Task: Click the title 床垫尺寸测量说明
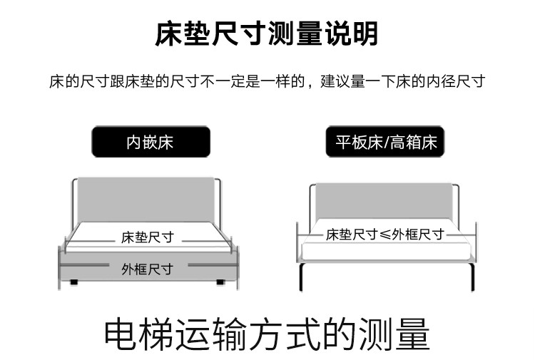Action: coord(267,34)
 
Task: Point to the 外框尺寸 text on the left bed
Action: coord(148,269)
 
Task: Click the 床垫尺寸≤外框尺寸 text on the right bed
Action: coord(385,235)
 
